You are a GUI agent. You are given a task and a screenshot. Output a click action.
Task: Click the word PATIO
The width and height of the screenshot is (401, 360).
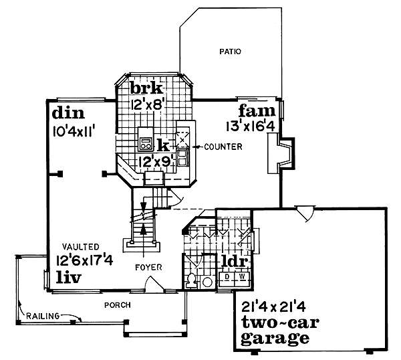click(230, 51)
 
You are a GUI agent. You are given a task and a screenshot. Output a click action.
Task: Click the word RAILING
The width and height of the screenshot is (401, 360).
click(41, 315)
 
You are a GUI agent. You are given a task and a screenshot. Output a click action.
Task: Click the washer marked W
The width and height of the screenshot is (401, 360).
click(243, 276)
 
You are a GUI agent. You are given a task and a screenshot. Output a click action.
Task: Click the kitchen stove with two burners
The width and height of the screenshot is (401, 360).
click(145, 141)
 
